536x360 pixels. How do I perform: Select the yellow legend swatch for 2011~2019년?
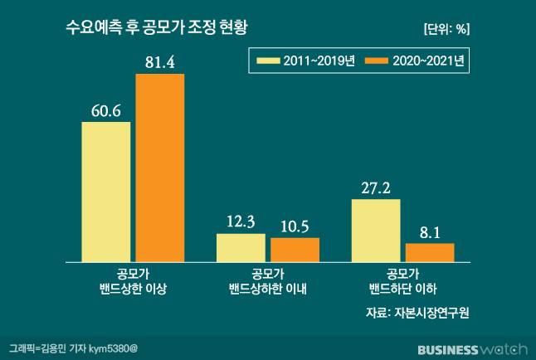(x=268, y=61)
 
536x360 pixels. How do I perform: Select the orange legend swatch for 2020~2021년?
(x=378, y=61)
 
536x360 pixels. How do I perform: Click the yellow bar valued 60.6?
(x=105, y=192)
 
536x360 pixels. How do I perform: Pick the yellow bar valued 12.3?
(x=241, y=247)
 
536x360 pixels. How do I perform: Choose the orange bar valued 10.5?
(x=295, y=250)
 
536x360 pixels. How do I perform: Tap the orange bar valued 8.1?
(x=430, y=252)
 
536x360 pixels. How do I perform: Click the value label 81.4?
(x=159, y=61)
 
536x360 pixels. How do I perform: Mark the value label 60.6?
(x=105, y=109)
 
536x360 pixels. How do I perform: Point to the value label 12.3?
(x=241, y=221)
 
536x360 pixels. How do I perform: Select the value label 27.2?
(x=376, y=187)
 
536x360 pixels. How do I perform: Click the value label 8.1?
(x=430, y=231)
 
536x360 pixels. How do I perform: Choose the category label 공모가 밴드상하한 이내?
(x=267, y=281)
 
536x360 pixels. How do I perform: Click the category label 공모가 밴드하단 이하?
(x=402, y=281)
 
